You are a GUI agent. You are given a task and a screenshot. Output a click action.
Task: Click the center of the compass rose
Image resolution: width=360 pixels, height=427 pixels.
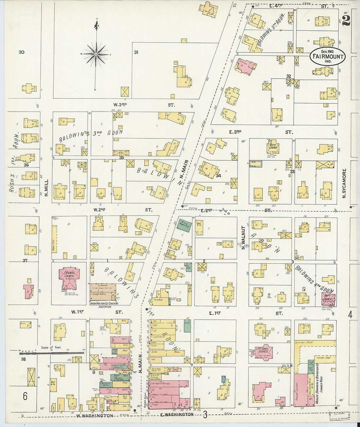[96, 54]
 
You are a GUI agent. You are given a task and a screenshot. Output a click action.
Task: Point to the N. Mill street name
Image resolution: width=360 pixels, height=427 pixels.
[46, 187]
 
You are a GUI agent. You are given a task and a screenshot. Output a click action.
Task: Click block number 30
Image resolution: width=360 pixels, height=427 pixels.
[22, 52]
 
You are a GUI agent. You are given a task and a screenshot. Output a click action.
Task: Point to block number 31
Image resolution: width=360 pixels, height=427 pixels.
[136, 52]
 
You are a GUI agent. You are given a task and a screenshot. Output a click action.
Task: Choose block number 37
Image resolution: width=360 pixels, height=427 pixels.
[25, 260]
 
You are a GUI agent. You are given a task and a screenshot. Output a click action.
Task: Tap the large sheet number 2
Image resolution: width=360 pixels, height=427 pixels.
[346, 20]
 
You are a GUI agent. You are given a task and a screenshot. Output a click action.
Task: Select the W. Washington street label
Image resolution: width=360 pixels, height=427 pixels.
[95, 416]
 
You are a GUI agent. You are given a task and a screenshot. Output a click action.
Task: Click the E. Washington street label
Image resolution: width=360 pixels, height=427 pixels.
[177, 415]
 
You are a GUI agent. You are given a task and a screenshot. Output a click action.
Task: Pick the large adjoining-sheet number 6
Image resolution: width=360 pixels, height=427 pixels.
[25, 396]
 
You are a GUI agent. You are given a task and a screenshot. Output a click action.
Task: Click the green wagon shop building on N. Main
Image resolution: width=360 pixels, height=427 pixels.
[184, 225]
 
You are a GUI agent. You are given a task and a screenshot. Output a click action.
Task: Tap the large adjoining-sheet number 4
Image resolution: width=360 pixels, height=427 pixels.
[350, 315]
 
